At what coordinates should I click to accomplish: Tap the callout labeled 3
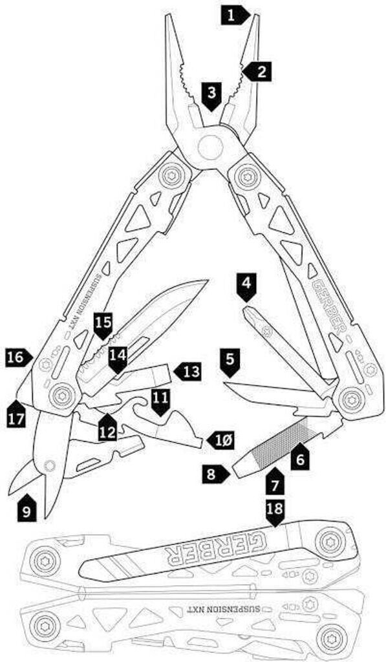tap(212, 97)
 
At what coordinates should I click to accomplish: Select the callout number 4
tap(246, 287)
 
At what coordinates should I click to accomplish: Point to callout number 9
tap(26, 509)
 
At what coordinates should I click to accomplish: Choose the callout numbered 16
tap(19, 358)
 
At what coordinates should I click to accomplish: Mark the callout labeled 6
tap(300, 456)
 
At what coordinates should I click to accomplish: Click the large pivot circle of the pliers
tap(210, 147)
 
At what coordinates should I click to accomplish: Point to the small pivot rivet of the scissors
tap(50, 465)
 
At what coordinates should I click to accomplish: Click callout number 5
tap(230, 363)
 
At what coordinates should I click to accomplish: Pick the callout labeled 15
tap(103, 326)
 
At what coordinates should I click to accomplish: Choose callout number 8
tap(216, 473)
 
